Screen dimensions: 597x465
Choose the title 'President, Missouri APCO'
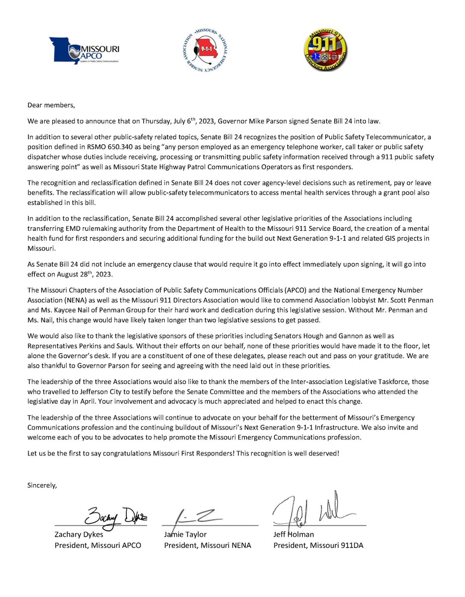97,545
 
